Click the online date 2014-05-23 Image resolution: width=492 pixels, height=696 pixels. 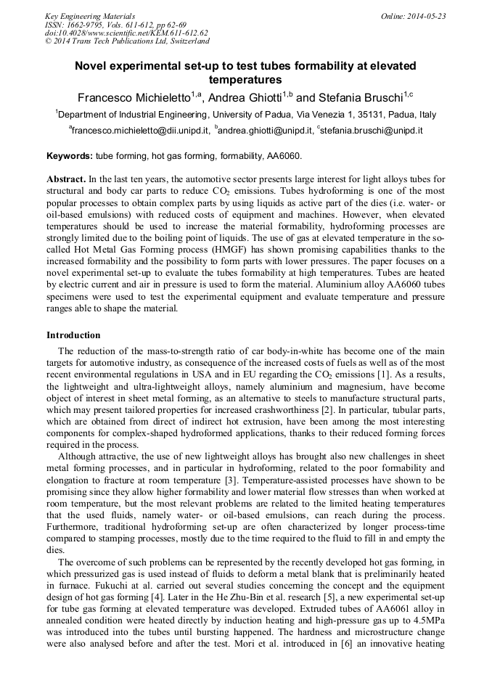pyautogui.click(x=427, y=15)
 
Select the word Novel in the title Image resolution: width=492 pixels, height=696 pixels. pyautogui.click(x=94, y=66)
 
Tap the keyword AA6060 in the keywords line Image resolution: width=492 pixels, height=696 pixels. pyautogui.click(x=282, y=156)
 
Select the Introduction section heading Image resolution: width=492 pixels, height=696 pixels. pyautogui.click(x=73, y=335)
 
